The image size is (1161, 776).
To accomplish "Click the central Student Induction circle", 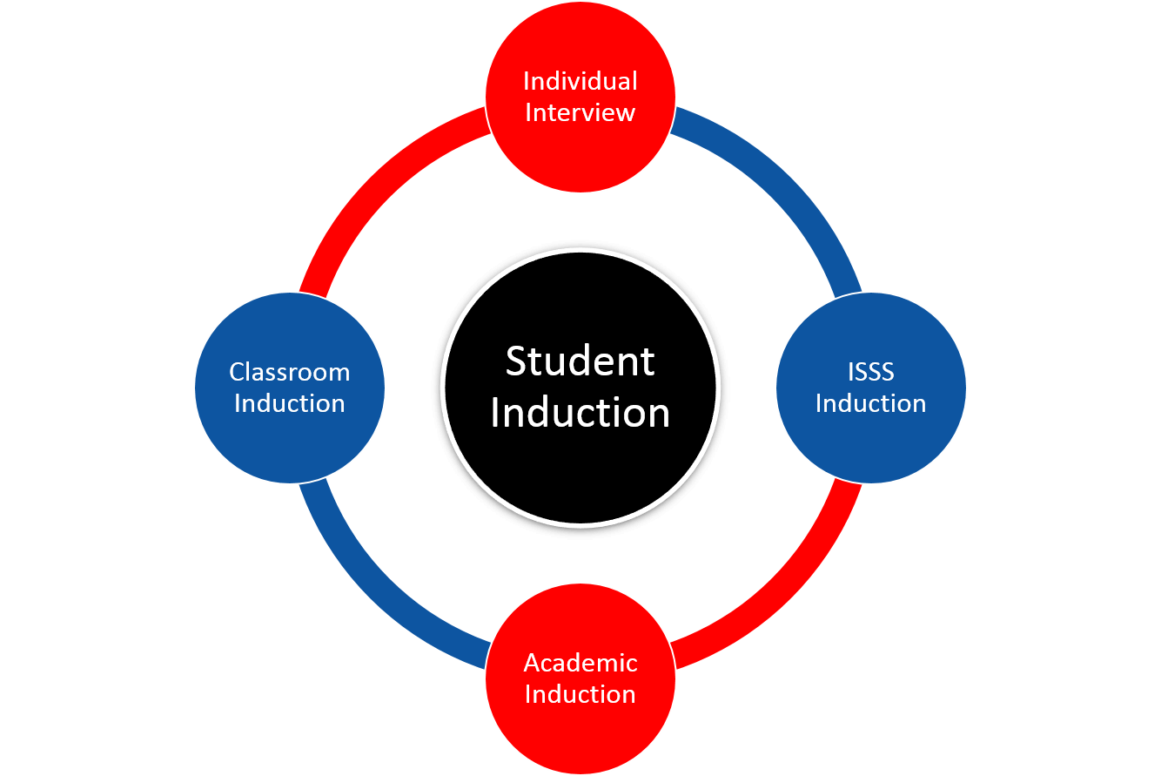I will pyautogui.click(x=580, y=470).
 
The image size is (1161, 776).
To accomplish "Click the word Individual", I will pyautogui.click(x=580, y=81).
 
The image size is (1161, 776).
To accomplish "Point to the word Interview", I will pyautogui.click(x=580, y=112).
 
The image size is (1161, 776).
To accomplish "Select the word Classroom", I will pyautogui.click(x=290, y=372).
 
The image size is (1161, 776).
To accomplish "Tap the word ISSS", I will pyautogui.click(x=870, y=372).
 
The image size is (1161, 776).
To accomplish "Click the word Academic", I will pyautogui.click(x=580, y=663).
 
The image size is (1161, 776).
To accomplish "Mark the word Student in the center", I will pyautogui.click(x=580, y=361).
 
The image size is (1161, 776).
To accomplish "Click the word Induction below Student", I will pyautogui.click(x=580, y=413).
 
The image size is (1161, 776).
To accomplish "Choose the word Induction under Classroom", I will pyautogui.click(x=290, y=403).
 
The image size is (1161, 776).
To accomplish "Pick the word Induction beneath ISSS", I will pyautogui.click(x=870, y=403).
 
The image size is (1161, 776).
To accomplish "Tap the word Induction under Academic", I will pyautogui.click(x=580, y=694).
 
